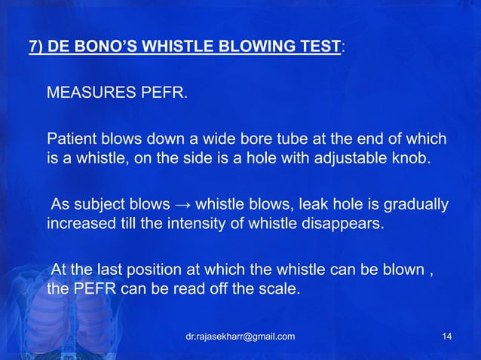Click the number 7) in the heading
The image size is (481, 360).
(35, 47)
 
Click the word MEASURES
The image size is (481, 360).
(86, 96)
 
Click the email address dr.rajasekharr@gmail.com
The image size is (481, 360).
(240, 336)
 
